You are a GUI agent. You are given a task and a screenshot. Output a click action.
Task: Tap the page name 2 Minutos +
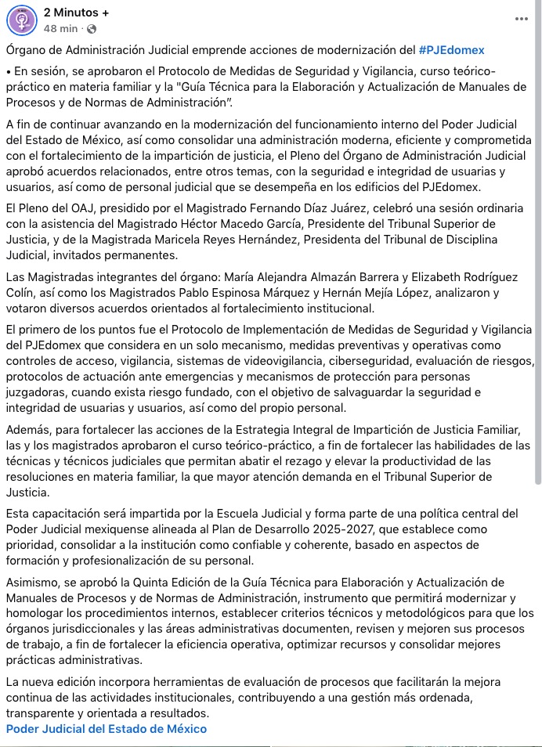tap(77, 13)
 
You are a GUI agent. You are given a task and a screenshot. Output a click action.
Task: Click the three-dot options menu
tap(522, 19)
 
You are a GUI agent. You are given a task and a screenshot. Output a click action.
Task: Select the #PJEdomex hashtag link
tap(452, 50)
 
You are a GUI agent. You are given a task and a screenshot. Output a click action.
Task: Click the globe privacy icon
tap(91, 29)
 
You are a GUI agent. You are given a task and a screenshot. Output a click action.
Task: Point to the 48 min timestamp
tap(60, 29)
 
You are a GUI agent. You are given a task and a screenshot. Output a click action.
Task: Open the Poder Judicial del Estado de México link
tap(107, 728)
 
